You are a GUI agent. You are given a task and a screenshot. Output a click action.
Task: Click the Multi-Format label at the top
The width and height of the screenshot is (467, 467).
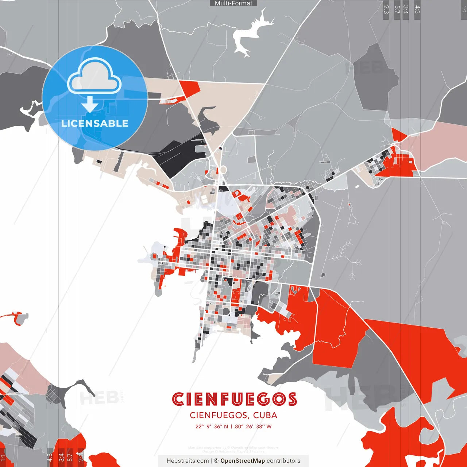pyautogui.click(x=233, y=3)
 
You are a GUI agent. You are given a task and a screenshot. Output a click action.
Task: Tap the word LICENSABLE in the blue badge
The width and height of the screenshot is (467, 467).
pyautogui.click(x=95, y=123)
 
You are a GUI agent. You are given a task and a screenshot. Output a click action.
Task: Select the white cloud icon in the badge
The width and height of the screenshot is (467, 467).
pyautogui.click(x=94, y=77)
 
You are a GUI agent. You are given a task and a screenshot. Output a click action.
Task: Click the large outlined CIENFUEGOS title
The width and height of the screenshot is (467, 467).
pyautogui.click(x=234, y=399)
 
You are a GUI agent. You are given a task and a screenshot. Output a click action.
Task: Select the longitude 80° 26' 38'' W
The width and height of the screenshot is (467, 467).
pyautogui.click(x=253, y=427)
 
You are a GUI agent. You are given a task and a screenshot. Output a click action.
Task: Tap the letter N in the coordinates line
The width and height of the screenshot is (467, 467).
pyautogui.click(x=226, y=427)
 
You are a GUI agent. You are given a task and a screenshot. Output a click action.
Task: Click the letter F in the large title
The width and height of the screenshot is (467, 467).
pyautogui.click(x=224, y=399)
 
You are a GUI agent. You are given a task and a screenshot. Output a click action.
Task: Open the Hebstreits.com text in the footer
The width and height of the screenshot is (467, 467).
pyautogui.click(x=188, y=461)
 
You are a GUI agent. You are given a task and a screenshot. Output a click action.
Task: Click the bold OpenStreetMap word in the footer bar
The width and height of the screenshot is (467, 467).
pyautogui.click(x=243, y=461)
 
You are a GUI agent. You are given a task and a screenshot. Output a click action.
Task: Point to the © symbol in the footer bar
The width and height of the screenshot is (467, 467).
pyautogui.click(x=216, y=461)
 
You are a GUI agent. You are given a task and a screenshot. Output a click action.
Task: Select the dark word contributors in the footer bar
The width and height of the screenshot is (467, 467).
pyautogui.click(x=283, y=461)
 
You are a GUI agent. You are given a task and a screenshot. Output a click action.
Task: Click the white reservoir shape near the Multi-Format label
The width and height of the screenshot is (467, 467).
pyautogui.click(x=250, y=35)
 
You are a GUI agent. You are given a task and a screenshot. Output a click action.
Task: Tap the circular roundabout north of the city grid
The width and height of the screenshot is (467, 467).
pyautogui.click(x=222, y=170)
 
